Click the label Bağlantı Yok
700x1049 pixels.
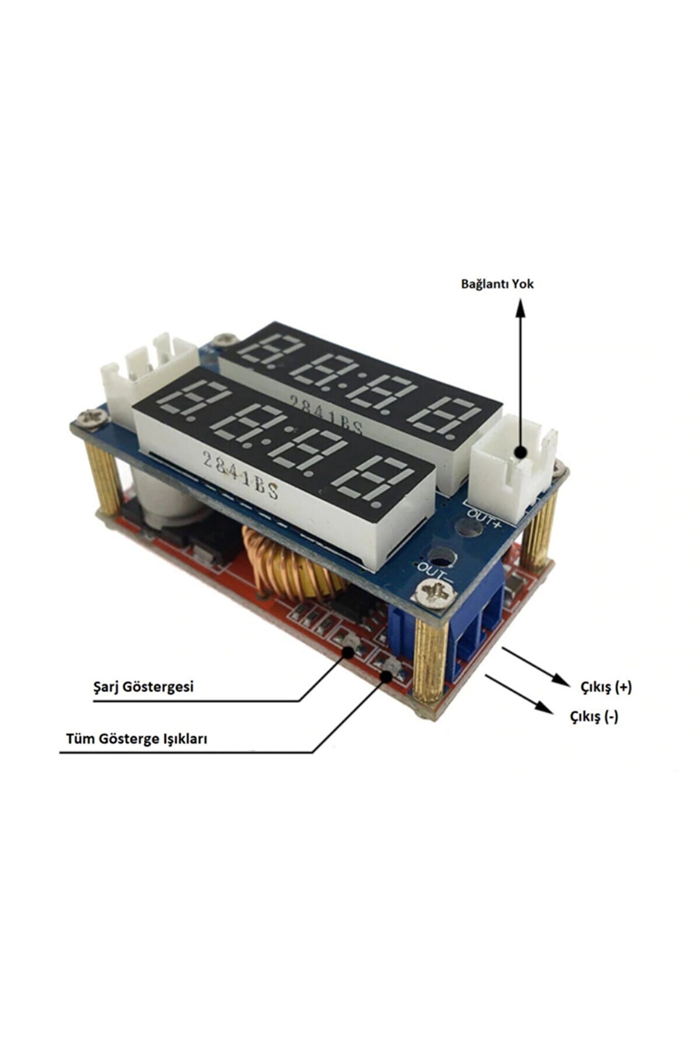coord(497,284)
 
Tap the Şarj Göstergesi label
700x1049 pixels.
coord(143,687)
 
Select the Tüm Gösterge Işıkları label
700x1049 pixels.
coord(137,739)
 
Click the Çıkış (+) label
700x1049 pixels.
coord(606,687)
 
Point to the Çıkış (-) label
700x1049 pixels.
coord(594,716)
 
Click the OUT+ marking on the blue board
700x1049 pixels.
coord(484,515)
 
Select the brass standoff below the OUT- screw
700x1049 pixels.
coord(430,660)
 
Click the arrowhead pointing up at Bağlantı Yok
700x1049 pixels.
coord(521,308)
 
